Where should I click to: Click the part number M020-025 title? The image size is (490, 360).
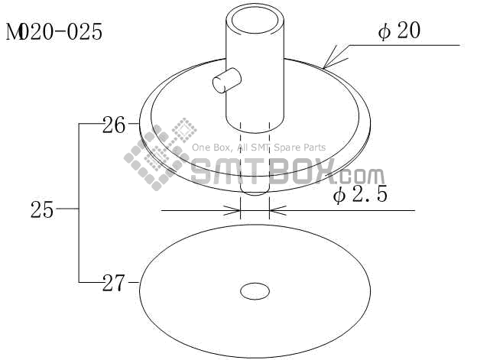click(x=54, y=32)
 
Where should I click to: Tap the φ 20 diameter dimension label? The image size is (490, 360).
click(x=399, y=31)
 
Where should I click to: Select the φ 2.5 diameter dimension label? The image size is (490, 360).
click(x=360, y=194)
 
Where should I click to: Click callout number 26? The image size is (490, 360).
click(x=114, y=125)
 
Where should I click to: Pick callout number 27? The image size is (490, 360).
click(x=114, y=283)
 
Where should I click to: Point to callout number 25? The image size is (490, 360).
click(x=42, y=209)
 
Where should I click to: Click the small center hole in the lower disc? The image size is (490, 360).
click(x=255, y=291)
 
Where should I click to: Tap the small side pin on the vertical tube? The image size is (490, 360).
click(x=226, y=80)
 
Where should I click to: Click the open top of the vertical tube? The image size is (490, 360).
click(x=255, y=20)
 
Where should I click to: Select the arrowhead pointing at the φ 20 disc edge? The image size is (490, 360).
click(x=333, y=59)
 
